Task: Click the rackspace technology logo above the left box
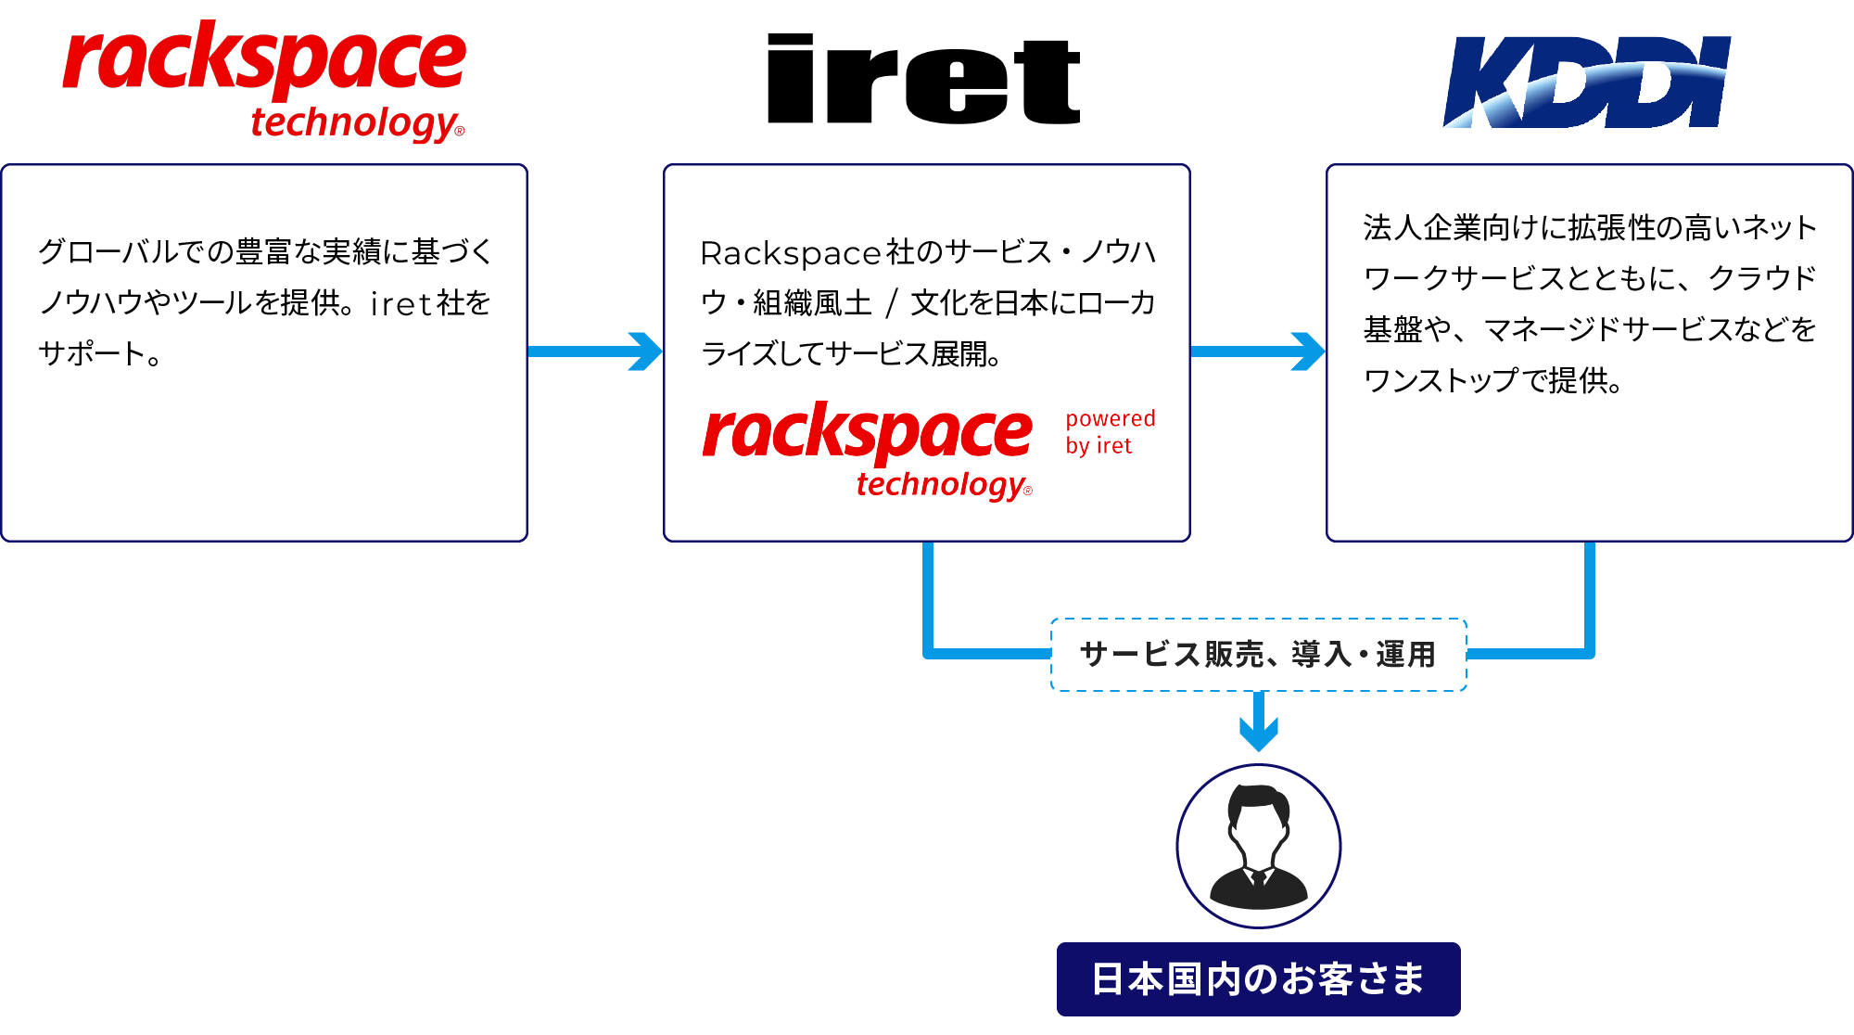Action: click(264, 79)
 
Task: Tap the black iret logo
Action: click(924, 80)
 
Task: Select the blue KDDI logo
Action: click(1587, 82)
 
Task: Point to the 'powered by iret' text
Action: click(1110, 432)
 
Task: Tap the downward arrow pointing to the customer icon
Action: click(1259, 722)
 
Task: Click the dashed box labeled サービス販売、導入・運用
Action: click(1258, 655)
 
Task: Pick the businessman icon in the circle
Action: click(1258, 846)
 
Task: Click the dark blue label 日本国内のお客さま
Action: click(1258, 979)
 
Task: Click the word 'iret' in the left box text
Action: click(400, 303)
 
